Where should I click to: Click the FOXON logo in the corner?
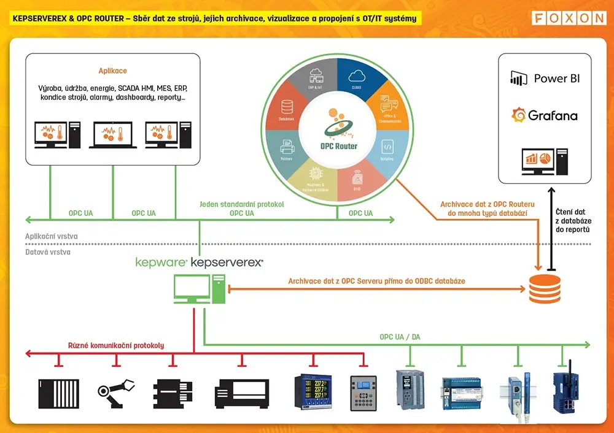[x=569, y=18]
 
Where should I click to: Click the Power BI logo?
[x=545, y=79]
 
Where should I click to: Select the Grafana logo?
[x=545, y=115]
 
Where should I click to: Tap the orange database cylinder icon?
[x=545, y=288]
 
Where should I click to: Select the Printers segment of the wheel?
[x=287, y=150]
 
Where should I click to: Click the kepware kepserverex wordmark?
[x=199, y=262]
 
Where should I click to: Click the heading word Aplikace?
[x=112, y=71]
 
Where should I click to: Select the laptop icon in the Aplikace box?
[x=112, y=134]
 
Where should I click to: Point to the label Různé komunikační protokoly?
[x=116, y=345]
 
